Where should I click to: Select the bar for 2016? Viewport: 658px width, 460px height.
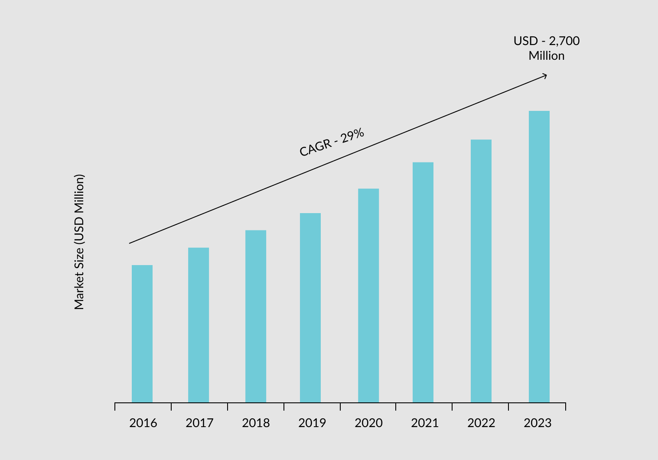(142, 334)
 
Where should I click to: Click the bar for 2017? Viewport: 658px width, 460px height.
(199, 325)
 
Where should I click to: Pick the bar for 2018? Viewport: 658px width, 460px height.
(256, 316)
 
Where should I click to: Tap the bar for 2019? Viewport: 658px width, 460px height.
(310, 308)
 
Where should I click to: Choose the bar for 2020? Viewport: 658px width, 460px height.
(368, 295)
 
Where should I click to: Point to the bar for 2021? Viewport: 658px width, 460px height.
(423, 282)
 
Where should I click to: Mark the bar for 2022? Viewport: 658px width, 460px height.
(481, 271)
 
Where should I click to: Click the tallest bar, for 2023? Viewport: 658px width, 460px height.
(539, 256)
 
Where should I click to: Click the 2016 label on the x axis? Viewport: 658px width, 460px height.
(143, 423)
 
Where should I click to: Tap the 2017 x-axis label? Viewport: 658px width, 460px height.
(199, 423)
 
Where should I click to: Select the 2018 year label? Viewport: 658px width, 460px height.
(256, 423)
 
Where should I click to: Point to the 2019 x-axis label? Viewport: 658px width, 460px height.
(312, 423)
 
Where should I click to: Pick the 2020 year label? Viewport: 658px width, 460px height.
(368, 423)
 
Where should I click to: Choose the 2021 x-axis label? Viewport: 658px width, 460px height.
(425, 423)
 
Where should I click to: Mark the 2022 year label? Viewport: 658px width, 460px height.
(481, 423)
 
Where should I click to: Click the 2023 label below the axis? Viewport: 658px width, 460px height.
(537, 423)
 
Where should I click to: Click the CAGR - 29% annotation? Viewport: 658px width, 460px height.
(332, 142)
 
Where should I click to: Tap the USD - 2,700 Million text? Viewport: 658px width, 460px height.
(547, 48)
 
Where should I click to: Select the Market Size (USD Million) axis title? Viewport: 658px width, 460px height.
(79, 242)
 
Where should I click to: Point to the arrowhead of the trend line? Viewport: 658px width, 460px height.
(545, 76)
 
